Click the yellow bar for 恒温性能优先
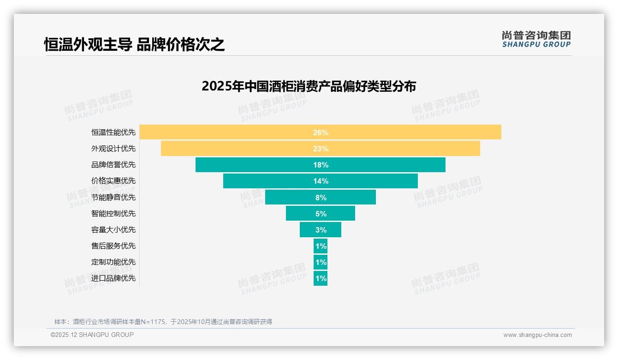click(x=231, y=132)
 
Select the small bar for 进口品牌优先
click(x=321, y=278)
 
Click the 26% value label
click(x=321, y=132)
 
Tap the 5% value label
click(x=321, y=214)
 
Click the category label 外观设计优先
click(x=113, y=149)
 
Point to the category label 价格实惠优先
click(x=113, y=181)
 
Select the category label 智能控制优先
click(x=113, y=214)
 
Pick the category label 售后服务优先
click(x=113, y=246)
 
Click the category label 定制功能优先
click(x=113, y=262)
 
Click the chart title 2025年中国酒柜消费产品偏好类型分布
click(x=309, y=86)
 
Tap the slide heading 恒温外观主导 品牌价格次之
click(x=134, y=45)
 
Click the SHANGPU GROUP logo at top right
click(x=536, y=39)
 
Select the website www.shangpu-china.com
click(x=537, y=335)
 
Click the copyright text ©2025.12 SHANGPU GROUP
click(x=92, y=335)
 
